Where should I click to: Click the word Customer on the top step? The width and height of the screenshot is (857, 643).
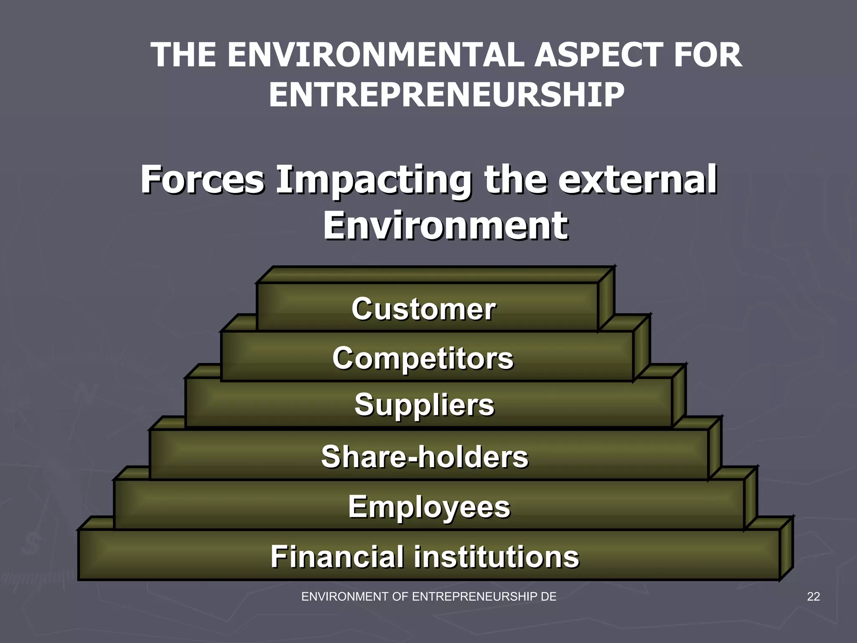click(423, 309)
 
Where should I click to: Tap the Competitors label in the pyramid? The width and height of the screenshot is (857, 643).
click(423, 358)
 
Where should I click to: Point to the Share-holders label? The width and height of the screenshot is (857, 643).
click(425, 456)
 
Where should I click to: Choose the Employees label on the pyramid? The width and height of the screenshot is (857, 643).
click(429, 507)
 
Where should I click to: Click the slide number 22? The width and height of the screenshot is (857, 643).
click(813, 597)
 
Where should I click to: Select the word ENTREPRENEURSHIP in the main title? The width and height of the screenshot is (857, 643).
click(446, 95)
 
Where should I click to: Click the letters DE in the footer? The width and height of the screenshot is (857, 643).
click(549, 597)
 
